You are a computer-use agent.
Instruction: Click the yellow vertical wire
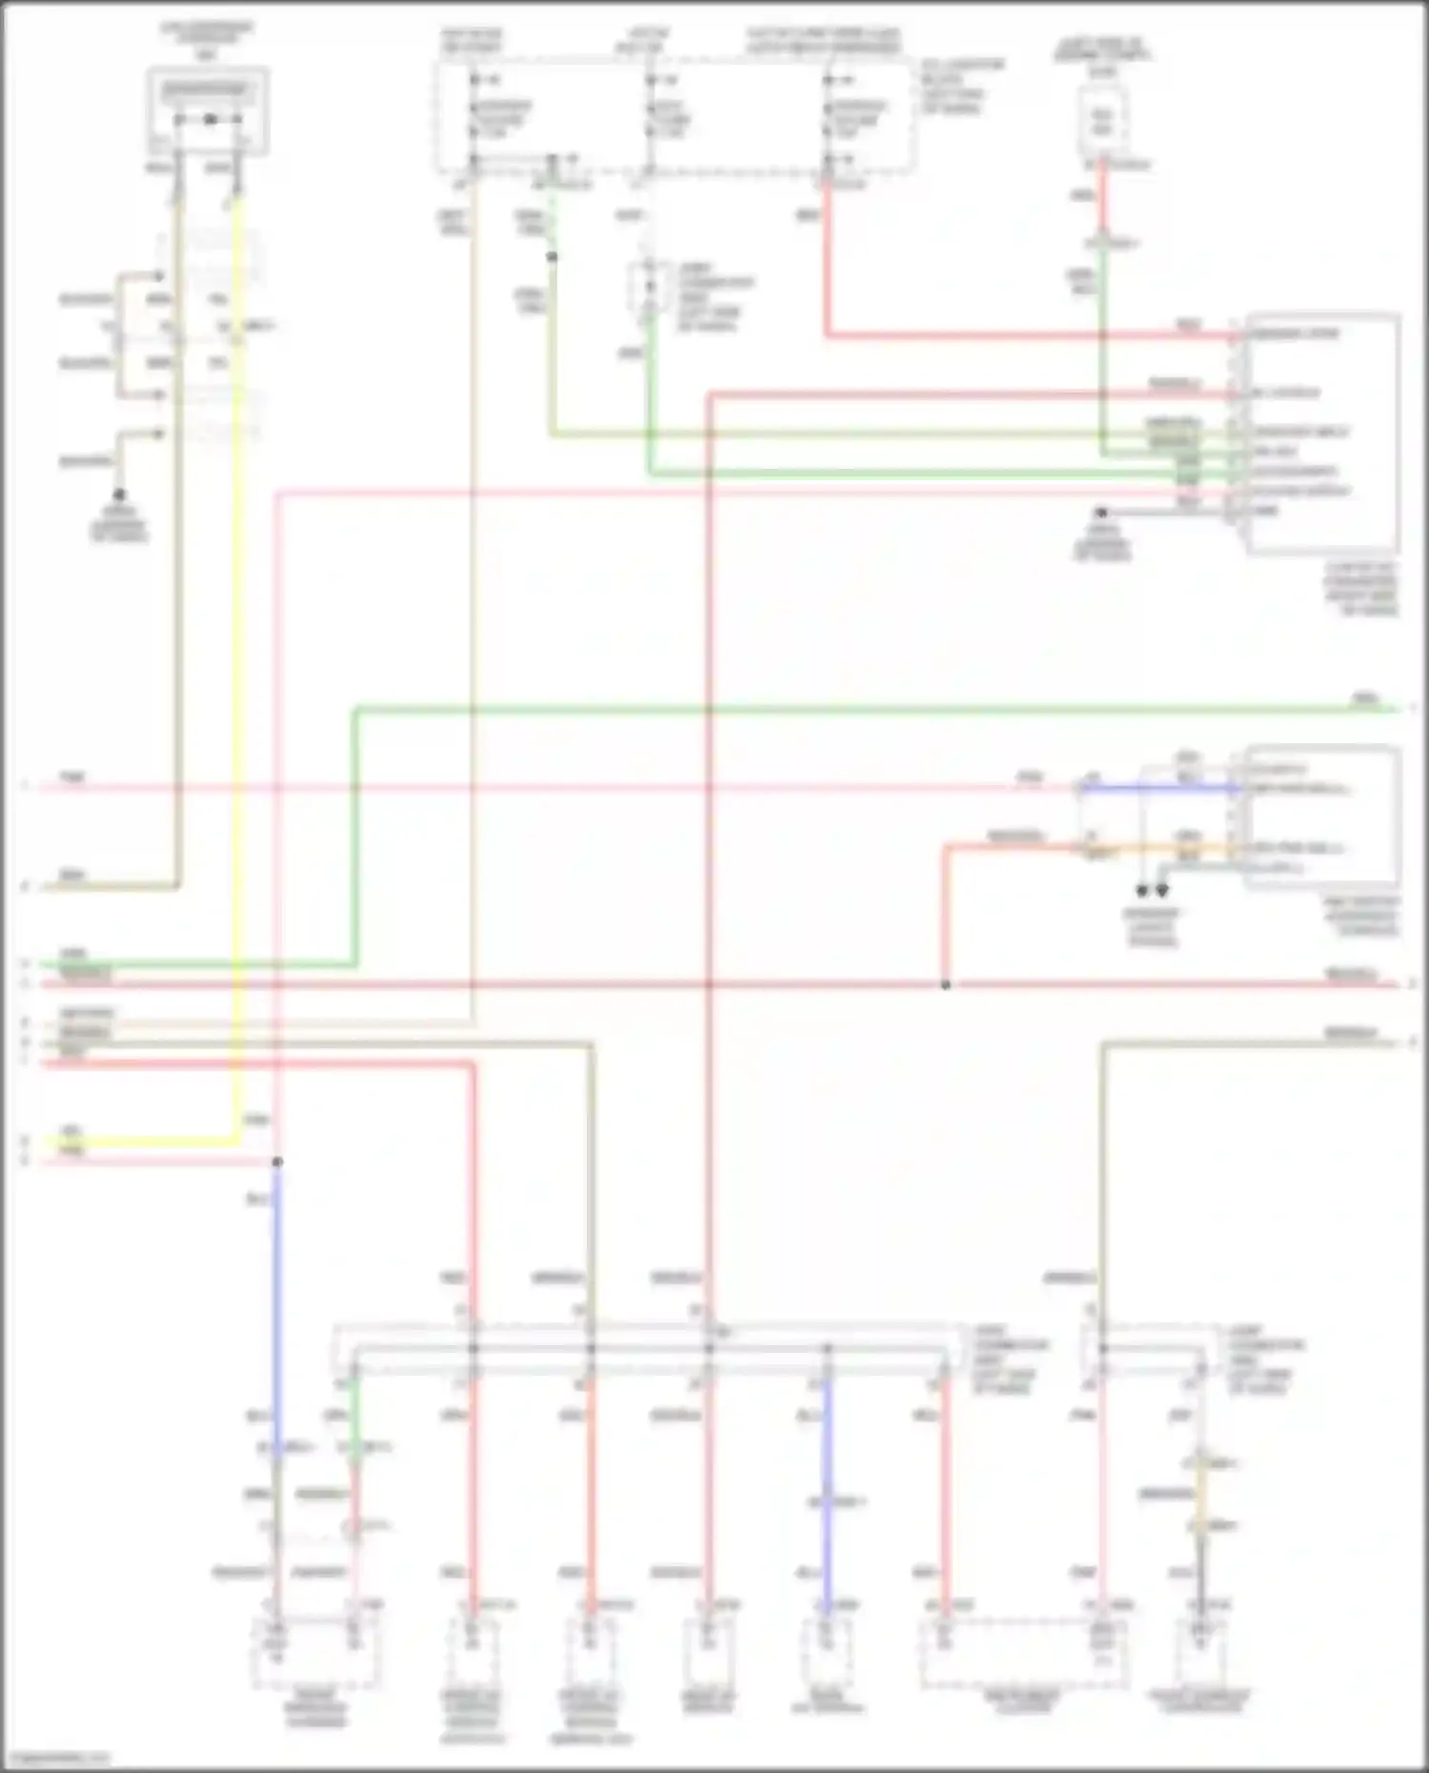237,667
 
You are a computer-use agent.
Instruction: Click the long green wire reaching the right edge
857,708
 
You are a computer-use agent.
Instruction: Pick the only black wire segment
1201,1572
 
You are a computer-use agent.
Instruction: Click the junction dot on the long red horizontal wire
945,984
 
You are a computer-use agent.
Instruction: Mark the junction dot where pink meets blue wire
277,1162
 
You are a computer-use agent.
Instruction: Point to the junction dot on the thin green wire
552,257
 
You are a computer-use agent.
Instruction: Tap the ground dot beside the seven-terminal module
1101,513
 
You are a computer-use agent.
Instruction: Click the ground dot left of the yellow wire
119,495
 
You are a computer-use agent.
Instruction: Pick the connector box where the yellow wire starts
208,111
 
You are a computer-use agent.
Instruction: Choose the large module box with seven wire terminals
1322,433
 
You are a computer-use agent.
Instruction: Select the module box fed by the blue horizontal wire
1322,817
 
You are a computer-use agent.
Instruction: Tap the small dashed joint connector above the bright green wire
651,287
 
